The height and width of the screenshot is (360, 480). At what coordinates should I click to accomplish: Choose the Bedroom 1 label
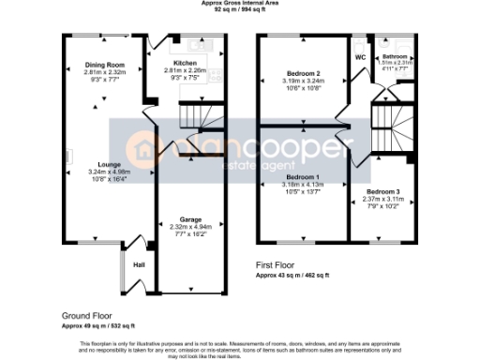[304, 178]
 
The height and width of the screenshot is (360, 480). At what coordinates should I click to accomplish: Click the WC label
[361, 58]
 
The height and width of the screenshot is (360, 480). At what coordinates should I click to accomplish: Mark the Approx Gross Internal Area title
[239, 4]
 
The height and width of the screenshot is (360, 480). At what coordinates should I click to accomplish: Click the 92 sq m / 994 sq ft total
[239, 10]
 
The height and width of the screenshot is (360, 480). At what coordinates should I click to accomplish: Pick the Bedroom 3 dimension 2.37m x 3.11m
[373, 199]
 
